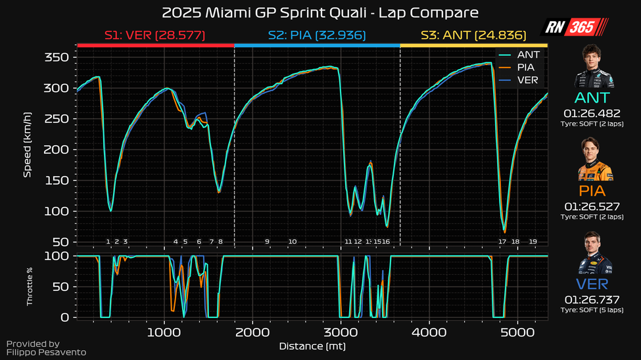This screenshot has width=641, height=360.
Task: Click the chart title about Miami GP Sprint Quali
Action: [x=320, y=12]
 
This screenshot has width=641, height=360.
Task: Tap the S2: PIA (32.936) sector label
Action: [x=317, y=35]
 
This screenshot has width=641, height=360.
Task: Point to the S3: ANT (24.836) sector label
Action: [x=474, y=35]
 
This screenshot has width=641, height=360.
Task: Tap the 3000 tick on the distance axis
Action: [x=340, y=332]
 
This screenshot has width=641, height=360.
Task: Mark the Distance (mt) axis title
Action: [x=312, y=346]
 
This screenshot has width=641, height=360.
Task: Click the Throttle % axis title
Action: [x=30, y=286]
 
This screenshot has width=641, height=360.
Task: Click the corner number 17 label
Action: [x=502, y=242]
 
